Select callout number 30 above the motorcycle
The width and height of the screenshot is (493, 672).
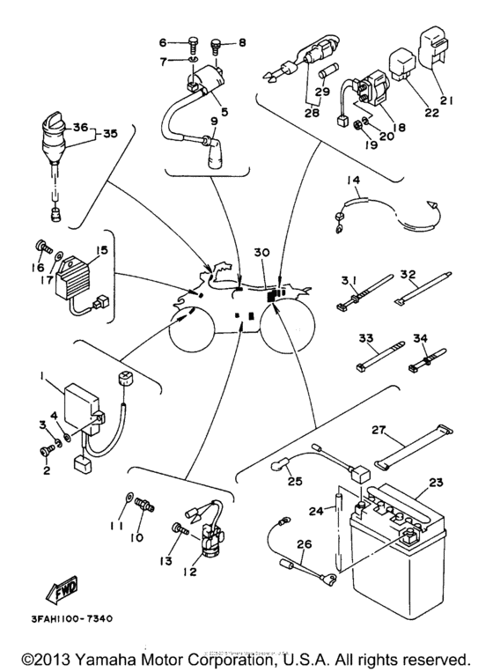(x=261, y=253)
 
